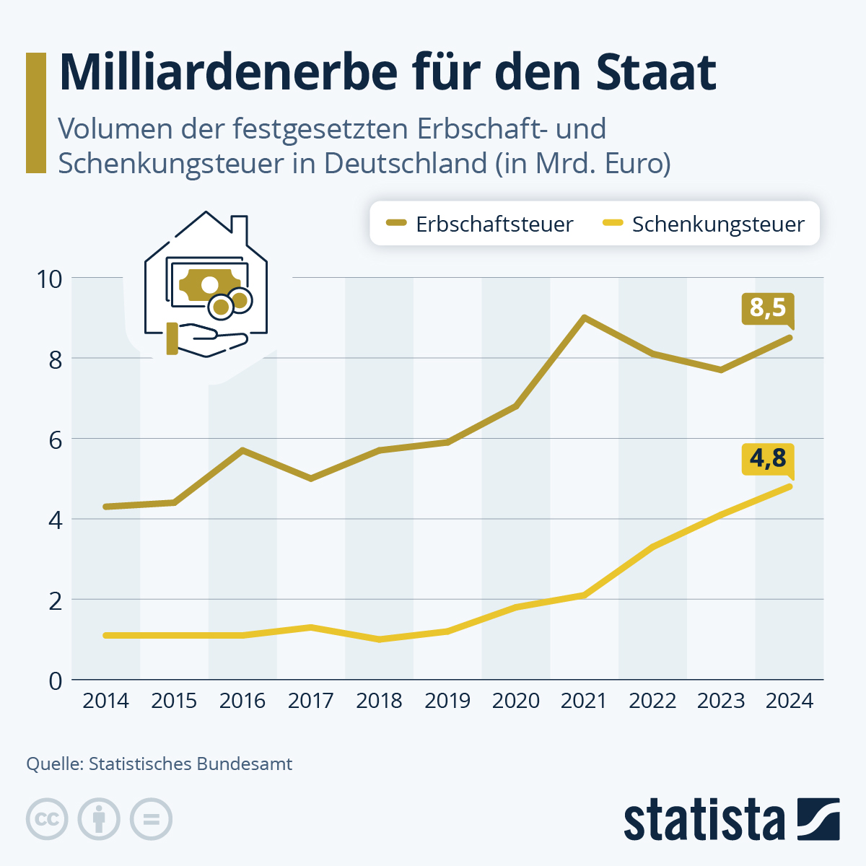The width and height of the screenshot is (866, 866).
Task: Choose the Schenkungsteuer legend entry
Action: (704, 224)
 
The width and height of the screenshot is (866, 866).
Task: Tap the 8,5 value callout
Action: (767, 308)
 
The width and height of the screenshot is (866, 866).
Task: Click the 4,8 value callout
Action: (767, 458)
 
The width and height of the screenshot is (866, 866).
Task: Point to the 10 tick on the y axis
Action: (50, 279)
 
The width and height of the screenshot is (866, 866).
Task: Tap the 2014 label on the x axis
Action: (105, 701)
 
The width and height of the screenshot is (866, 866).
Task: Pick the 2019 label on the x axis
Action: (447, 701)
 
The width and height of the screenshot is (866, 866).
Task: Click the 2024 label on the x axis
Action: (790, 701)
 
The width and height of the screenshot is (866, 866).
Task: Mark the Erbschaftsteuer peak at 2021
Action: (584, 318)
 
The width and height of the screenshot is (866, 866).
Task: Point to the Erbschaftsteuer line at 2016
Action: (242, 450)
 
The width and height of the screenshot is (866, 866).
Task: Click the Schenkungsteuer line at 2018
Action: (380, 639)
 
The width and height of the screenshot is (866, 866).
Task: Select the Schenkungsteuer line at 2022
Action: (652, 547)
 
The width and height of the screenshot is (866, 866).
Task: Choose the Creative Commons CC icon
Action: (47, 819)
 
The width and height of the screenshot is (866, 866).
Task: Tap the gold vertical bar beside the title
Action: (35, 113)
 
